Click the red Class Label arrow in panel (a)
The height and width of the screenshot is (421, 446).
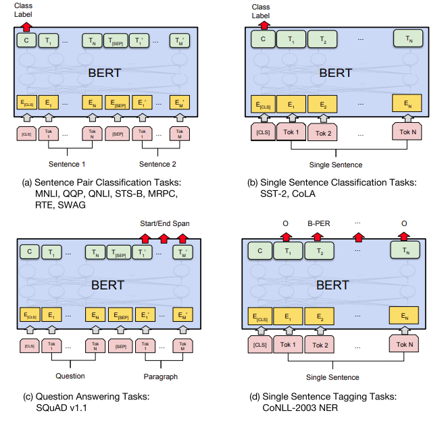coord(26,26)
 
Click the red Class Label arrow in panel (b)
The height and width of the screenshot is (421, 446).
coord(263,26)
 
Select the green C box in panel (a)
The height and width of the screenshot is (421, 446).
coord(26,41)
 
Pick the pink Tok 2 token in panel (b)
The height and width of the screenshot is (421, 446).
coord(323,132)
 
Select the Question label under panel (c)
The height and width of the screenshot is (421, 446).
coord(70,376)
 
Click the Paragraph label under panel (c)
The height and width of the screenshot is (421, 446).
coord(160,376)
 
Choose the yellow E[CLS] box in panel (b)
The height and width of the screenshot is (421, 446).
coord(263,105)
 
